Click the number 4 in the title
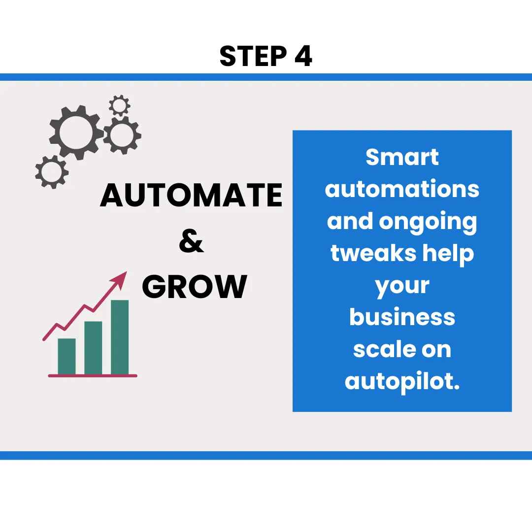[x=303, y=57]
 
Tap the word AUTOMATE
[x=191, y=195]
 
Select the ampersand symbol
[x=191, y=241]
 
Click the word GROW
[x=195, y=287]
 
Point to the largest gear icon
[x=76, y=132]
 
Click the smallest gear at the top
[x=119, y=105]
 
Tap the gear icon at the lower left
[x=51, y=172]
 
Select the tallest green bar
[x=120, y=337]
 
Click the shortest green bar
[x=66, y=357]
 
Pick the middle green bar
[x=93, y=348]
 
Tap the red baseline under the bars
[x=93, y=376]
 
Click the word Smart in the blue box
[x=402, y=158]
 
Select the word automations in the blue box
[x=402, y=190]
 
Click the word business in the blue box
[x=402, y=317]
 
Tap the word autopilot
[x=402, y=382]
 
